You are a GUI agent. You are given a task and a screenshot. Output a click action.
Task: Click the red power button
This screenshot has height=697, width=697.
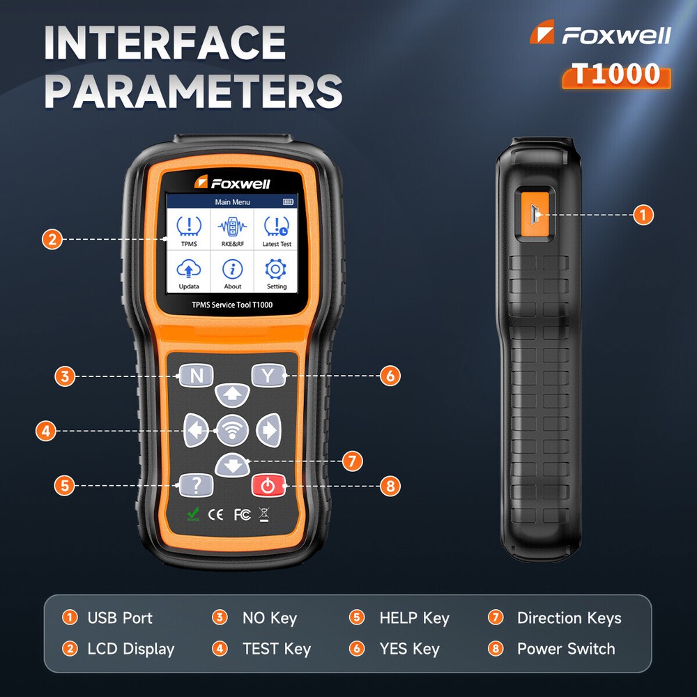pyautogui.click(x=268, y=485)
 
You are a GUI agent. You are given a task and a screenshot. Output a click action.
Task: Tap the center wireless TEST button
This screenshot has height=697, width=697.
pyautogui.click(x=232, y=431)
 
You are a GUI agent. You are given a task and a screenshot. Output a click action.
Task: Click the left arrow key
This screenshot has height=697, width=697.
pyautogui.click(x=196, y=431)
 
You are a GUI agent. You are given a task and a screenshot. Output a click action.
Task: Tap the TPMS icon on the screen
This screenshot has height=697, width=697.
pyautogui.click(x=188, y=229)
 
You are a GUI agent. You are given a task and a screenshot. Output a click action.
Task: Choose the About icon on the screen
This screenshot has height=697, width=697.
pyautogui.click(x=233, y=271)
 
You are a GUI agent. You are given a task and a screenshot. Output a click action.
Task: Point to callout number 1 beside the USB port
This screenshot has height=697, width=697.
pyautogui.click(x=643, y=215)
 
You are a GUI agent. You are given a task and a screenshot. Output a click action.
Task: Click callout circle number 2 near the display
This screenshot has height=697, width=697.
pyautogui.click(x=51, y=240)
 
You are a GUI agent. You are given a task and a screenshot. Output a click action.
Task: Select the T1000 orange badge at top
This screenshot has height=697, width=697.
pyautogui.click(x=616, y=73)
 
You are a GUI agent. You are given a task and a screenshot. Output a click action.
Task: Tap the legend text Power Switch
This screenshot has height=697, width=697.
pyautogui.click(x=565, y=649)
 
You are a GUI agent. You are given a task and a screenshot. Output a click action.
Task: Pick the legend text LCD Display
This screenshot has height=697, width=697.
pyautogui.click(x=130, y=649)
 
